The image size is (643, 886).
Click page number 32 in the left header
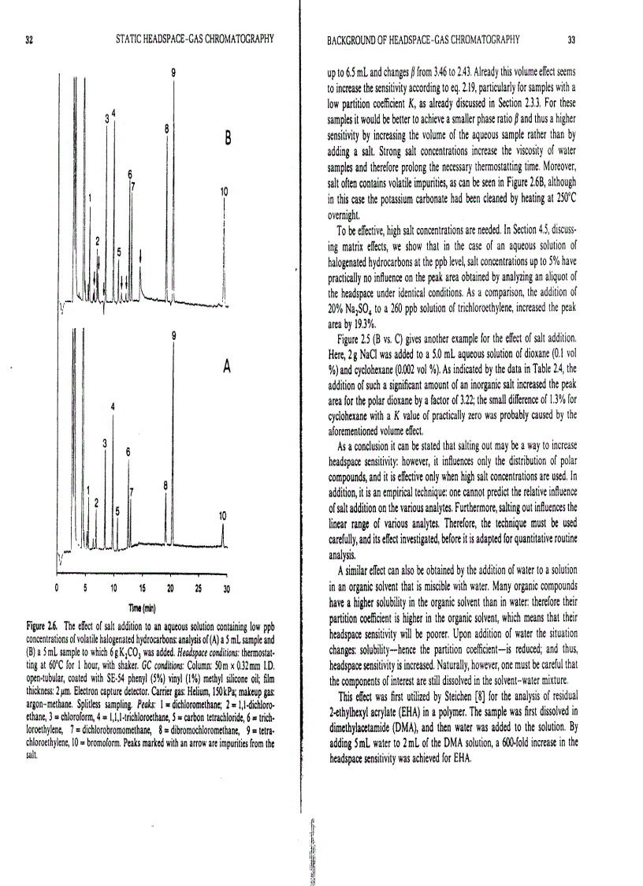coord(29,38)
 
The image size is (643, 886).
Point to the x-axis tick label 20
coord(170,588)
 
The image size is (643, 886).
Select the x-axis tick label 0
coord(57,588)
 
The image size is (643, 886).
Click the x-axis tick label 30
coord(226,588)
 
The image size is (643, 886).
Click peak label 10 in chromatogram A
coord(224,514)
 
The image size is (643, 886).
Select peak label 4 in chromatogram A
coord(113,406)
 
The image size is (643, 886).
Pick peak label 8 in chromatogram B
coord(167,127)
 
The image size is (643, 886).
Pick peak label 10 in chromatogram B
coord(225,192)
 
